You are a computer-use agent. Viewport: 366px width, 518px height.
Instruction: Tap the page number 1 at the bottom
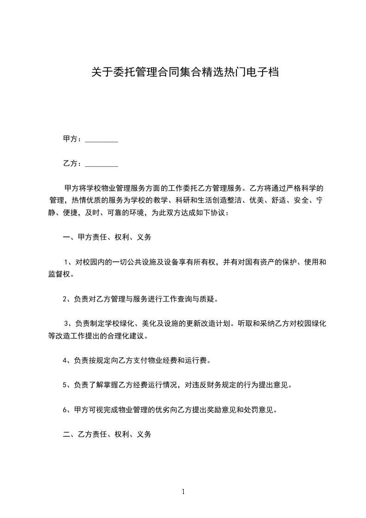pyautogui.click(x=183, y=492)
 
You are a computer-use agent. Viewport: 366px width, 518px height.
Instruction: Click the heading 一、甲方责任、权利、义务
pyautogui.click(x=107, y=238)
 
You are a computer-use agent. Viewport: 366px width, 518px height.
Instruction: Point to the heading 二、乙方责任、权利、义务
pyautogui.click(x=107, y=434)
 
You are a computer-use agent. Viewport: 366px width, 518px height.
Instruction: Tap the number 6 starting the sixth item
pyautogui.click(x=65, y=410)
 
